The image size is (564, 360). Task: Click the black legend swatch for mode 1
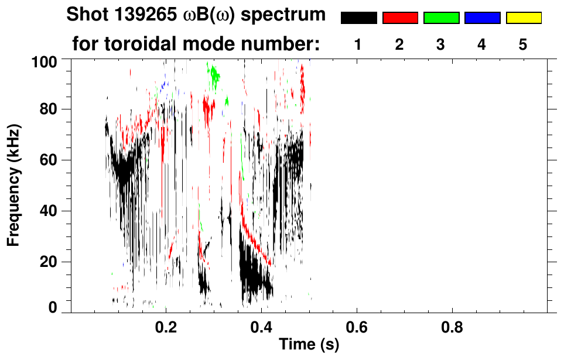click(358, 18)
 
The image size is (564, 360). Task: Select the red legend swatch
click(400, 18)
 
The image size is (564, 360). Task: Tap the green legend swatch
click(441, 18)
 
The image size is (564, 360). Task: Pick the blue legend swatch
click(482, 18)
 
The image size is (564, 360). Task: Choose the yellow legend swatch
click(524, 18)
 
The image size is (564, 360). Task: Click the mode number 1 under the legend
click(358, 44)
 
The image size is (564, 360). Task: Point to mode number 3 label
click(440, 44)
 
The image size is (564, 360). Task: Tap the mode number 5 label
click(523, 44)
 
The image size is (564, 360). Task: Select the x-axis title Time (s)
click(309, 345)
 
